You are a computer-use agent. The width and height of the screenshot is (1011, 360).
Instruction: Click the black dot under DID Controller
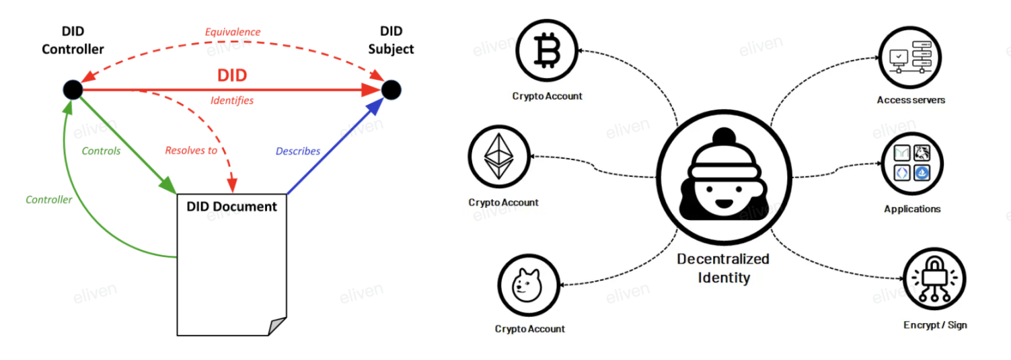(72, 89)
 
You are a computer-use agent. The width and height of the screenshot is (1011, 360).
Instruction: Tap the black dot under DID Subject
(391, 89)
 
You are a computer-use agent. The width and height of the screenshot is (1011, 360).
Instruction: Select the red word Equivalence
(233, 32)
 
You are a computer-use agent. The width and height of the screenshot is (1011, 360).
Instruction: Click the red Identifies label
(232, 100)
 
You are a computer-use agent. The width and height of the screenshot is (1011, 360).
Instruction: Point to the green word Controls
(101, 151)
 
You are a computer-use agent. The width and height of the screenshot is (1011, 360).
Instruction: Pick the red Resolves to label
(191, 151)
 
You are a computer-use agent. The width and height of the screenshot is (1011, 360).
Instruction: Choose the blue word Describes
(298, 151)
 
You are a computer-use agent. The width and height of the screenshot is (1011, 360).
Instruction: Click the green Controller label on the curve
(49, 199)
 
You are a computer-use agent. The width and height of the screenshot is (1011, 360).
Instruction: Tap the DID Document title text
(231, 206)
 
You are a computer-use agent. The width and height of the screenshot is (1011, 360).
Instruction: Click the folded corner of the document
(276, 326)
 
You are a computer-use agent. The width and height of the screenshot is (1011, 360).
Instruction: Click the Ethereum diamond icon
(498, 155)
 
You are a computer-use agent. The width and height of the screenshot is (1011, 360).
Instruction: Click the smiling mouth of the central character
(723, 202)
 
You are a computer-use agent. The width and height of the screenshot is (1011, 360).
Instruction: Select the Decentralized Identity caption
(723, 268)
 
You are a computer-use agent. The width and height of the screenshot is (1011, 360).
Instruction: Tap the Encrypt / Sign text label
(935, 325)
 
